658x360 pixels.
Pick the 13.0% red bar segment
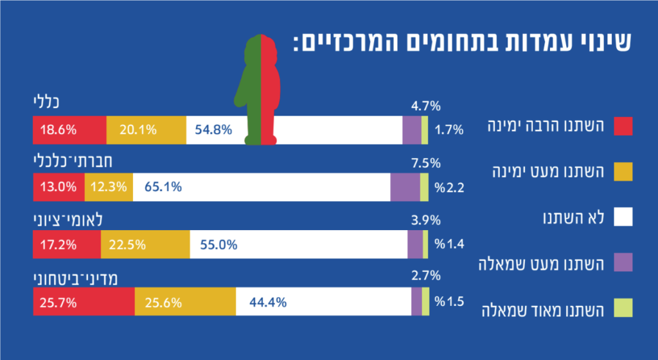(58, 187)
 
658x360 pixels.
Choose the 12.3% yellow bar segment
(109, 187)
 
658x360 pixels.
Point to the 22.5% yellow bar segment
(145, 244)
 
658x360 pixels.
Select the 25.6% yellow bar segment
(185, 301)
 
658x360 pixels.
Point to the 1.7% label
(449, 130)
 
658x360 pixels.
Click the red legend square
(623, 126)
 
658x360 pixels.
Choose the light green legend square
(623, 309)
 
